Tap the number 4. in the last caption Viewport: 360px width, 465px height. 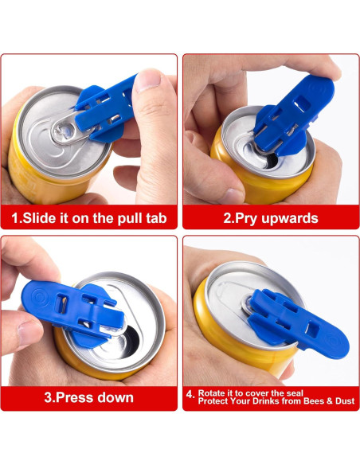click(190, 393)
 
